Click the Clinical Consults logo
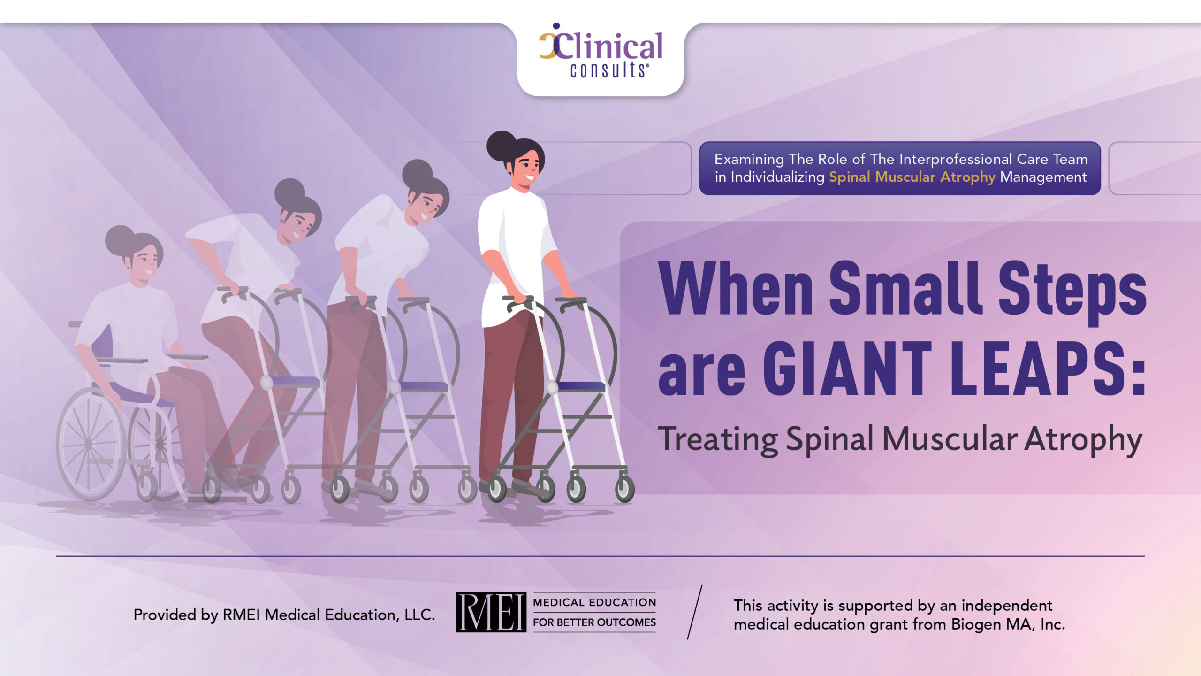[x=601, y=50]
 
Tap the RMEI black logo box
[x=491, y=612]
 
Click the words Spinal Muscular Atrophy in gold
[x=912, y=177]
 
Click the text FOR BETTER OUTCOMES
[x=594, y=622]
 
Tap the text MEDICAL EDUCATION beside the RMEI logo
[x=594, y=602]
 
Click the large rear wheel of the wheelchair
[x=91, y=444]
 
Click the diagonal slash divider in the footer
[x=695, y=612]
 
